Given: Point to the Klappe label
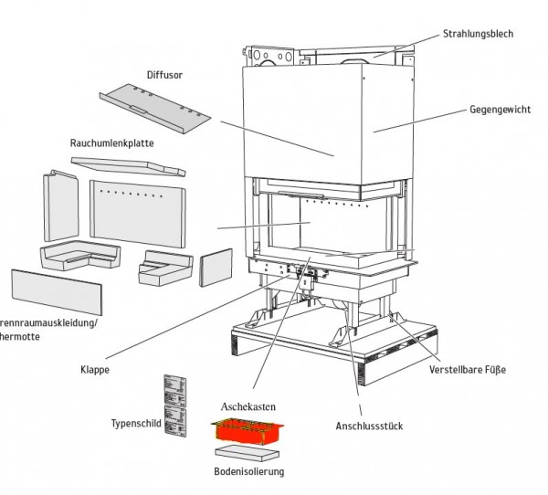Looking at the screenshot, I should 94,370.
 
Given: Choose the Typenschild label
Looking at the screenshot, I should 135,424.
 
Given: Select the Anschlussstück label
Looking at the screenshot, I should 369,425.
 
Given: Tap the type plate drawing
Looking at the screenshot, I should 175,405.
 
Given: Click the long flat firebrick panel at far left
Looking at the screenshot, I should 56,291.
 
